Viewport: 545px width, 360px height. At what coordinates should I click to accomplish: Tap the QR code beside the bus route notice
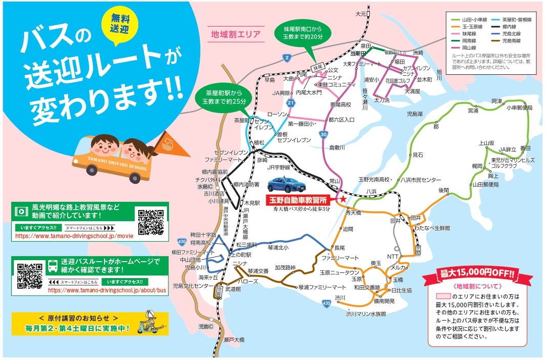tap(29, 276)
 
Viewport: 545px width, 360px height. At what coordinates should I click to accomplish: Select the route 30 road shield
tap(323, 134)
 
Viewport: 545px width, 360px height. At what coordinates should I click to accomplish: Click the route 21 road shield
tap(290, 103)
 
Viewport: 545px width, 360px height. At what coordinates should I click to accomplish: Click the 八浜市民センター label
tap(420, 180)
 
